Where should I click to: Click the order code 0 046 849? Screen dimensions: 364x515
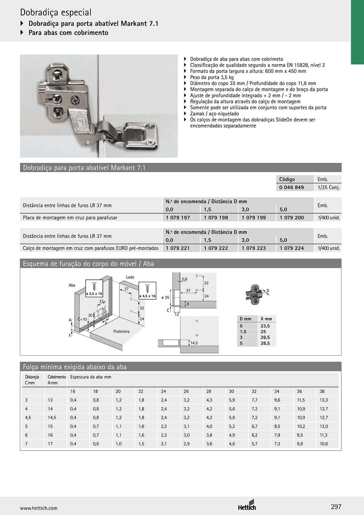(291, 187)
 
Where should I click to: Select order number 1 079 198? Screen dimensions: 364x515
(216, 218)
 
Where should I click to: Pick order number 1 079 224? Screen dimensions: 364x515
(292, 248)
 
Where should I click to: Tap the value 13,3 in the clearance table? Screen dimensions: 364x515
(324, 400)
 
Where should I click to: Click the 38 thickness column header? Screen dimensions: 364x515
(322, 391)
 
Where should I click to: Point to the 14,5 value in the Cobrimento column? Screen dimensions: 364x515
(52, 418)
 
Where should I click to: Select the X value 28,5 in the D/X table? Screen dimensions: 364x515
(265, 343)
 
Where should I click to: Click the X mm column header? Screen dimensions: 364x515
(266, 319)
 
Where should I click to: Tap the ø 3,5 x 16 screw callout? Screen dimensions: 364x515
(94, 289)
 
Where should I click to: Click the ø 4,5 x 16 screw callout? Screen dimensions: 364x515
(147, 290)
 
